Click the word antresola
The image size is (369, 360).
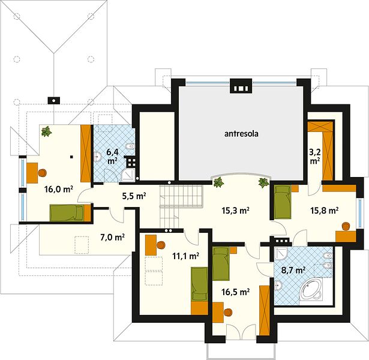coord(241,134)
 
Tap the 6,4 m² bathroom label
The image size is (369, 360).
coord(112,157)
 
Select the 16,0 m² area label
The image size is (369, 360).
coord(59,189)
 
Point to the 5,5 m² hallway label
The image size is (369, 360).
coord(134,196)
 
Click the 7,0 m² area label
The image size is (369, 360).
coord(112,237)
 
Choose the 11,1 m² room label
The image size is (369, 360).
coord(186,256)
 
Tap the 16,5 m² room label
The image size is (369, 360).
coord(235,292)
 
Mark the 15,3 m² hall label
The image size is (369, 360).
coord(235,211)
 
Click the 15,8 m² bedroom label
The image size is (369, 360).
coord(324,210)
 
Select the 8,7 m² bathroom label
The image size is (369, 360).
coord(293,270)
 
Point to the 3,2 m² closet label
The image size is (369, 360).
coord(315,157)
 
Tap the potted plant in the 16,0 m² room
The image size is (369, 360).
coord(47,131)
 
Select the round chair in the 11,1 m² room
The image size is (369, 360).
coord(161,245)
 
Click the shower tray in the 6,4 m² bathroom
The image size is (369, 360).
coord(128,175)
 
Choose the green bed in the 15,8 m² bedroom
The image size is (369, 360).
coord(283,202)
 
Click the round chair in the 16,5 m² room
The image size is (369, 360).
coord(228,312)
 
